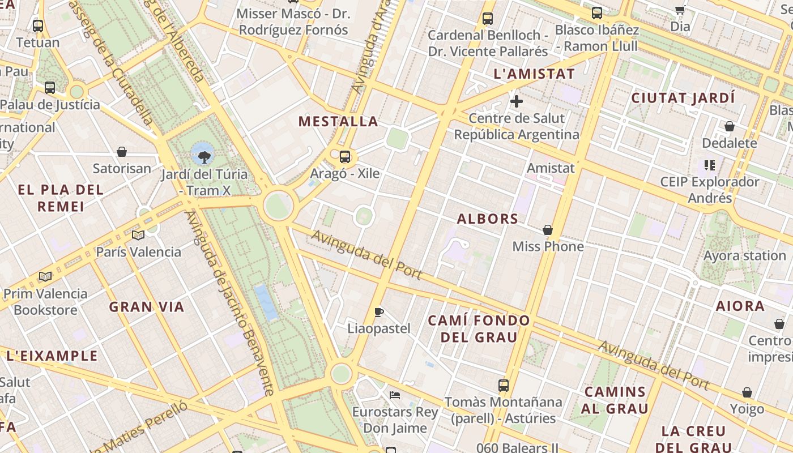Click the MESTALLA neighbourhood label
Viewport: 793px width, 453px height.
click(338, 121)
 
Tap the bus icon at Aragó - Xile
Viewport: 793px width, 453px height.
click(345, 157)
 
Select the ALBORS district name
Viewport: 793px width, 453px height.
click(488, 219)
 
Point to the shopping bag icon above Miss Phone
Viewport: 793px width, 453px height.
click(548, 230)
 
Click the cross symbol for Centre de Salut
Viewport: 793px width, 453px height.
click(516, 101)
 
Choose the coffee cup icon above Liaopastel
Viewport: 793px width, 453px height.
click(379, 312)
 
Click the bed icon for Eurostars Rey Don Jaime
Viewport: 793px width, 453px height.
click(395, 395)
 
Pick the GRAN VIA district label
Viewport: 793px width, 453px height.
click(147, 307)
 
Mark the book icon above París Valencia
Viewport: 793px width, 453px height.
click(138, 235)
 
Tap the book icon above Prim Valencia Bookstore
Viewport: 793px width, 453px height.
click(45, 277)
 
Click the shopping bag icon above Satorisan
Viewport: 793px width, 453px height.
click(122, 152)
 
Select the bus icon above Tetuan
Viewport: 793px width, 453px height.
click(38, 25)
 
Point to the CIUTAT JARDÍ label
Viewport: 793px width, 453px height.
click(683, 98)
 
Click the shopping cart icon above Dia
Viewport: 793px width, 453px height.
click(680, 10)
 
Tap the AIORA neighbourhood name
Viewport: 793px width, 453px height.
click(740, 306)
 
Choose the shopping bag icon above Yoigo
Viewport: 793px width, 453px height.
click(747, 392)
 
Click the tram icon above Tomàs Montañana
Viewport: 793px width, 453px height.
click(504, 386)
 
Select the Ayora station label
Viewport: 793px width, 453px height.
click(744, 255)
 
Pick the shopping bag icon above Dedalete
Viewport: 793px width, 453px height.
click(730, 126)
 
